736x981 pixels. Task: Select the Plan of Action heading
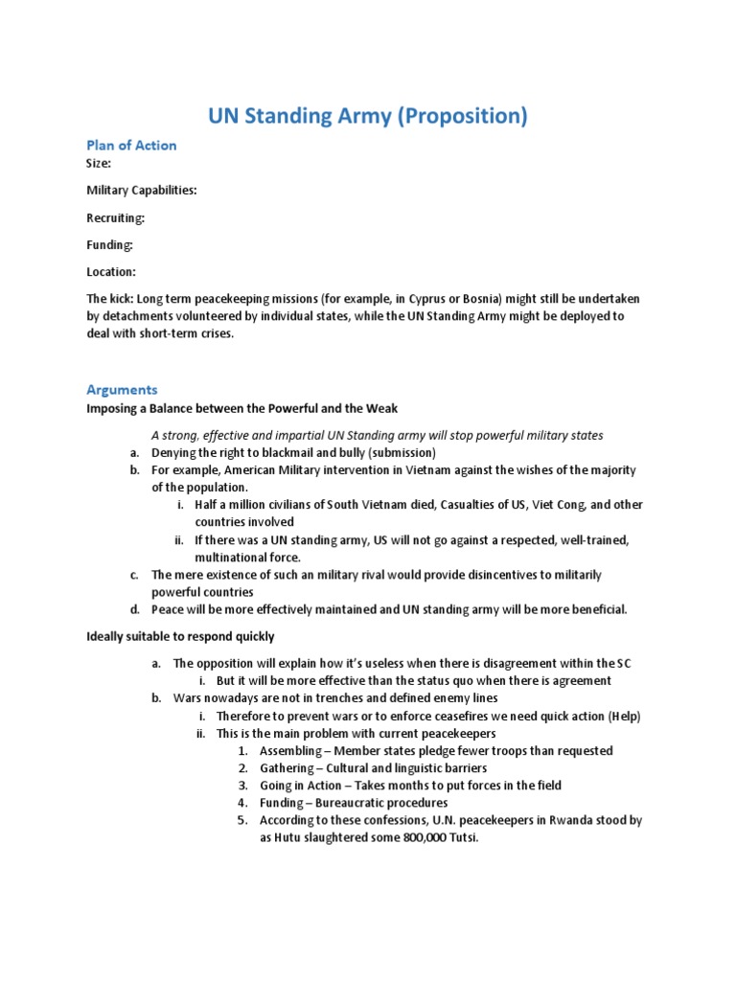coord(131,145)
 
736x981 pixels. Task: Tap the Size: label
coord(99,163)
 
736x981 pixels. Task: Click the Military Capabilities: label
coord(142,190)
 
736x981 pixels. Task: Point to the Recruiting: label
coord(116,217)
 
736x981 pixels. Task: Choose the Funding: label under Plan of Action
coord(109,244)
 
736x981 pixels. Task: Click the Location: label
coord(111,272)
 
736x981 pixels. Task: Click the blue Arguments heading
coord(122,390)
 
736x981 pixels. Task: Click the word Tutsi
coord(456,838)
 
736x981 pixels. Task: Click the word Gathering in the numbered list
coord(287,768)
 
